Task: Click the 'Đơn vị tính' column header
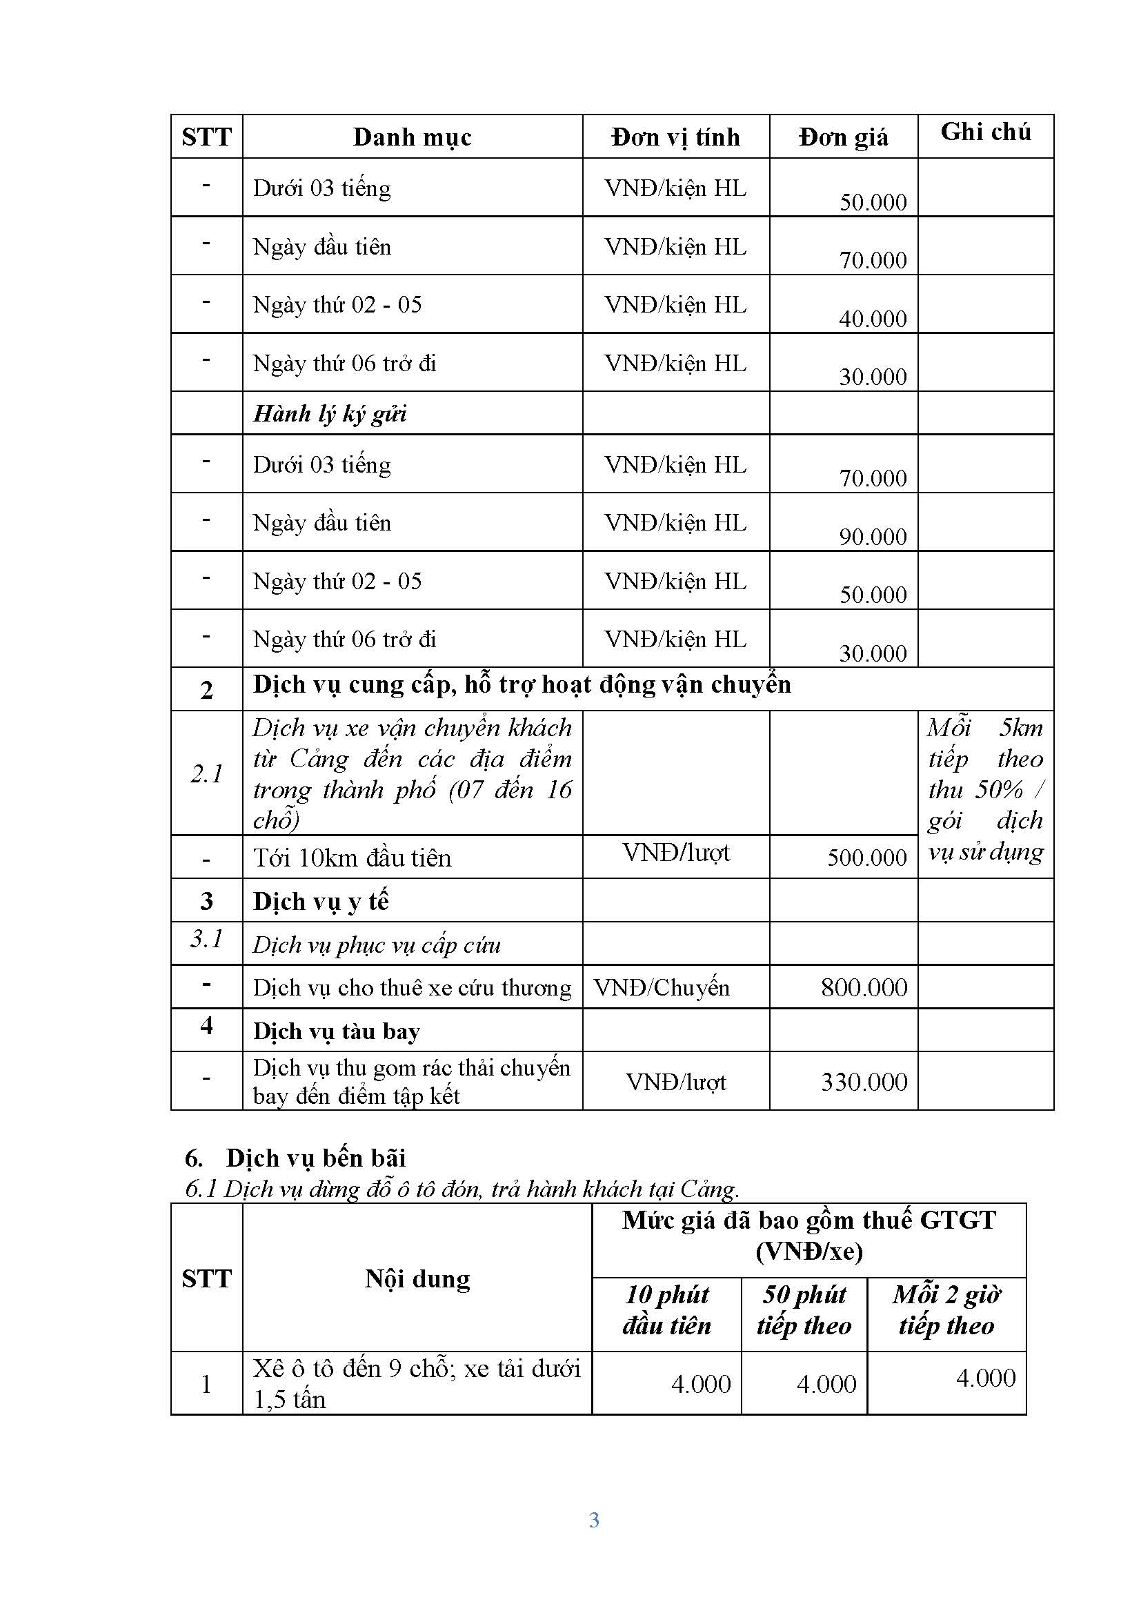point(675,137)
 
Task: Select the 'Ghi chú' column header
point(985,132)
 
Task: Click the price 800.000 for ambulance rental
point(864,987)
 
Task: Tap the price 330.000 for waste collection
point(864,1081)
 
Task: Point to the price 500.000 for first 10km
point(866,858)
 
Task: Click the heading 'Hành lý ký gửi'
point(330,413)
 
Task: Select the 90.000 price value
point(873,537)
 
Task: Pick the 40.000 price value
point(873,319)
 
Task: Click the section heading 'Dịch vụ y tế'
point(320,901)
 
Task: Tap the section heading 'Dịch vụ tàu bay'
point(336,1031)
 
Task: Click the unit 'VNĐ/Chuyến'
point(661,987)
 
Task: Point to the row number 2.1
point(206,773)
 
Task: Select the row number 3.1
point(206,938)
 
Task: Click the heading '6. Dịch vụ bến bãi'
point(295,1158)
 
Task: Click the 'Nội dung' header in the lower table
point(417,1278)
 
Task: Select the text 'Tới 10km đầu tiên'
point(351,858)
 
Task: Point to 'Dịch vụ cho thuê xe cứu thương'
point(412,988)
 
